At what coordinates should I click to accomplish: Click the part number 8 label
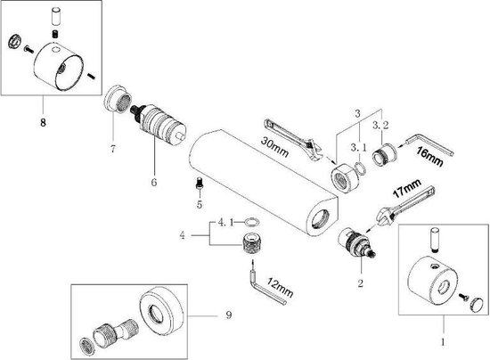tap(43, 122)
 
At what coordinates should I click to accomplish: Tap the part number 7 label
tap(112, 149)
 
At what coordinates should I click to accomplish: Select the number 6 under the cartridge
tap(154, 182)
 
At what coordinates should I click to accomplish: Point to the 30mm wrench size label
tap(274, 146)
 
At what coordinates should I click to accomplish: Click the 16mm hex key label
tap(429, 156)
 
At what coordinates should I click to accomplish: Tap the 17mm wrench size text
tap(406, 187)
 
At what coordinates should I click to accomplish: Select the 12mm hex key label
tap(280, 287)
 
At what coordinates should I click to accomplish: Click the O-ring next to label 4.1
tap(251, 222)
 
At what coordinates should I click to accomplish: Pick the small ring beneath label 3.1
tap(361, 169)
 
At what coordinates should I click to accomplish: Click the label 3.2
tap(380, 126)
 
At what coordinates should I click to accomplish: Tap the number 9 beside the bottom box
tap(229, 315)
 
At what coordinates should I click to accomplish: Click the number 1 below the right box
tap(443, 342)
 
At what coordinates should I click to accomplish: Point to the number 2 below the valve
tap(361, 283)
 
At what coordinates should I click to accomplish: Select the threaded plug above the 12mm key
tap(252, 244)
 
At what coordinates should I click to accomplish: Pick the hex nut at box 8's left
tap(14, 41)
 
